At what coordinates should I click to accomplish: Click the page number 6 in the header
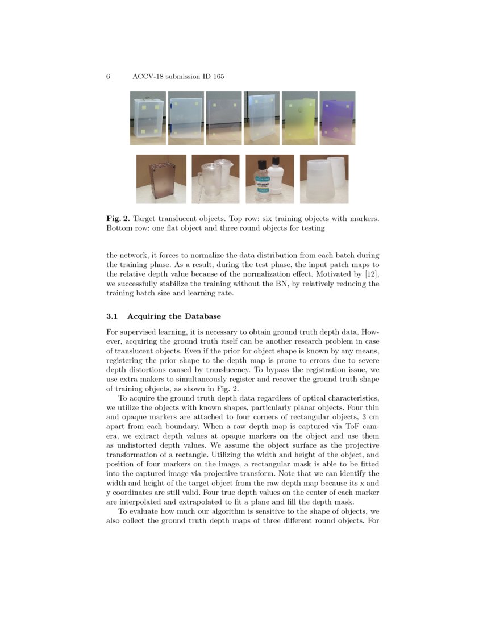click(x=108, y=77)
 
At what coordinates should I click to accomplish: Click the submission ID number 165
click(x=218, y=77)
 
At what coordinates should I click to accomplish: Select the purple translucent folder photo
click(x=338, y=118)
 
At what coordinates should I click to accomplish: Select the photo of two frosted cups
click(x=324, y=179)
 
